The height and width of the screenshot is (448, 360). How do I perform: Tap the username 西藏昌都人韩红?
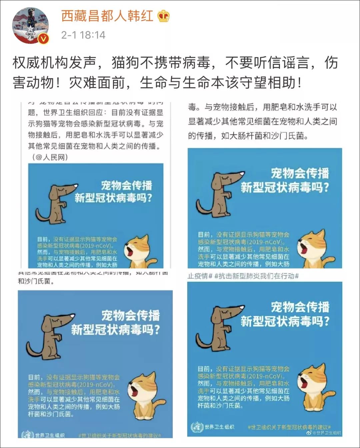[x=107, y=16]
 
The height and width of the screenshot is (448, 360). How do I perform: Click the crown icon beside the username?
[x=163, y=16]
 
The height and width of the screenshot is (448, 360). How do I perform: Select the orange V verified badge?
[x=44, y=39]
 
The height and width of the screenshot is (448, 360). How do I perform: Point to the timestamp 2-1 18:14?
[x=83, y=35]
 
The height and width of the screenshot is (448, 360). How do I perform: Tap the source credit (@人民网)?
[x=50, y=157]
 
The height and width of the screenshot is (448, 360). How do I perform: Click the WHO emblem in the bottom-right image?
[x=197, y=427]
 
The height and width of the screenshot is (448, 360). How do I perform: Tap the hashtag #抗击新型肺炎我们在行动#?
[x=257, y=276]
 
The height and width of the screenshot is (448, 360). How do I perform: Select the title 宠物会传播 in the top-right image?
[x=300, y=173]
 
